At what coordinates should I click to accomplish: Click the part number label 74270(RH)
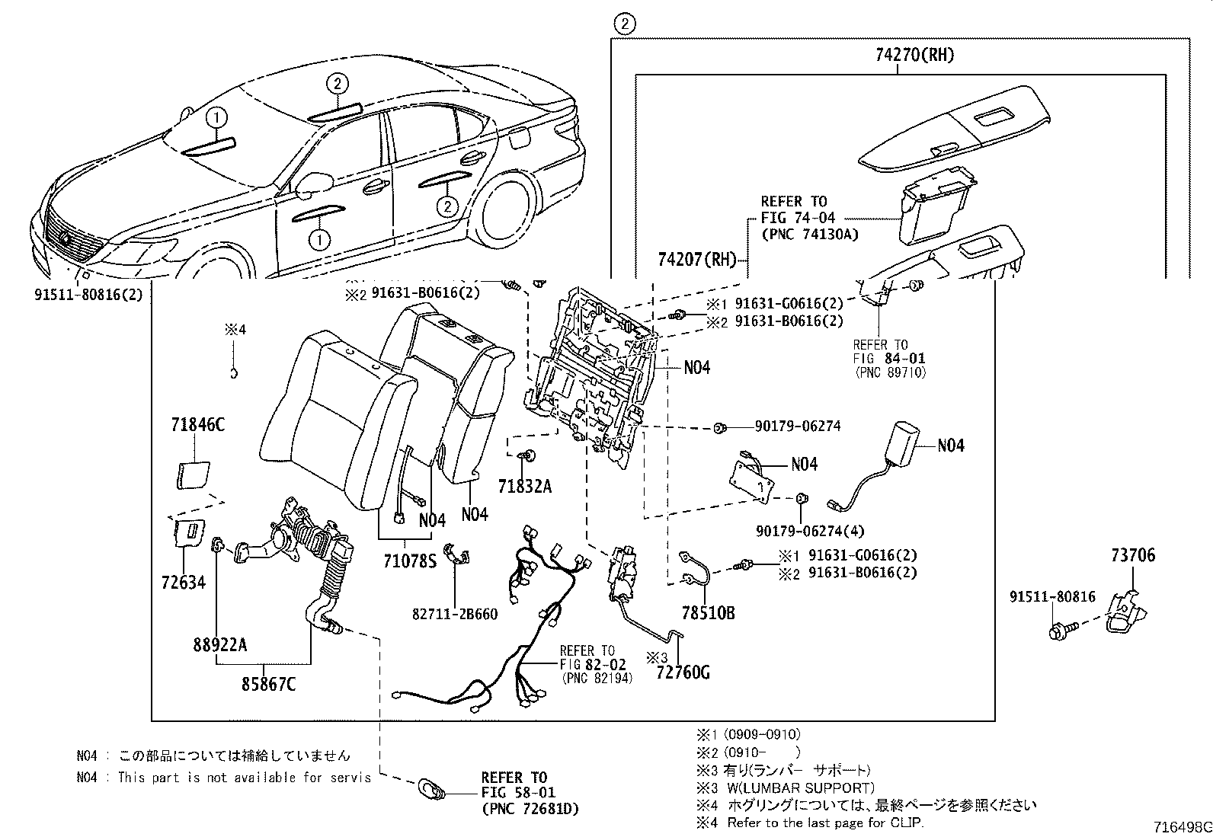pyautogui.click(x=904, y=55)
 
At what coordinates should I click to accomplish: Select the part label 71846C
pyautogui.click(x=197, y=425)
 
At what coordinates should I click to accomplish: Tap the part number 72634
pyautogui.click(x=184, y=583)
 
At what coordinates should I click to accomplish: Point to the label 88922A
pyautogui.click(x=219, y=645)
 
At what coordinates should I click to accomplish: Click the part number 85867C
pyautogui.click(x=268, y=684)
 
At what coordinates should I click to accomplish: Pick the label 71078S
pyautogui.click(x=409, y=562)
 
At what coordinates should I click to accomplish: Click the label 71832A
pyautogui.click(x=524, y=485)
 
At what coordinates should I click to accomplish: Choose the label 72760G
pyautogui.click(x=682, y=673)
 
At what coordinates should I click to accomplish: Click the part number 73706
pyautogui.click(x=1132, y=555)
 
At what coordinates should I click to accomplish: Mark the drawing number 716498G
pyautogui.click(x=1182, y=827)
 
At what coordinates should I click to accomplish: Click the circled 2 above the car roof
pyautogui.click(x=338, y=84)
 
